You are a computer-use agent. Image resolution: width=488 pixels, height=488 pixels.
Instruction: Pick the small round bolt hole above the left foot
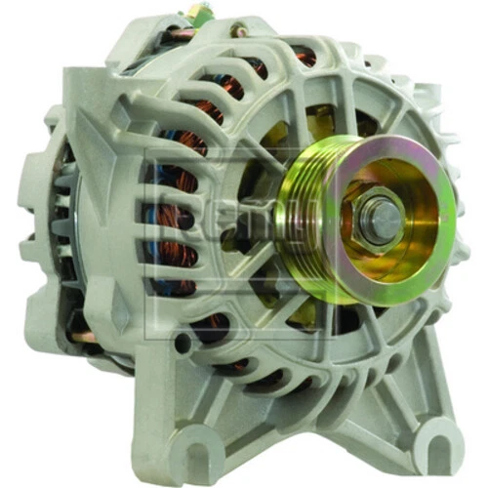click(x=181, y=344)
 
